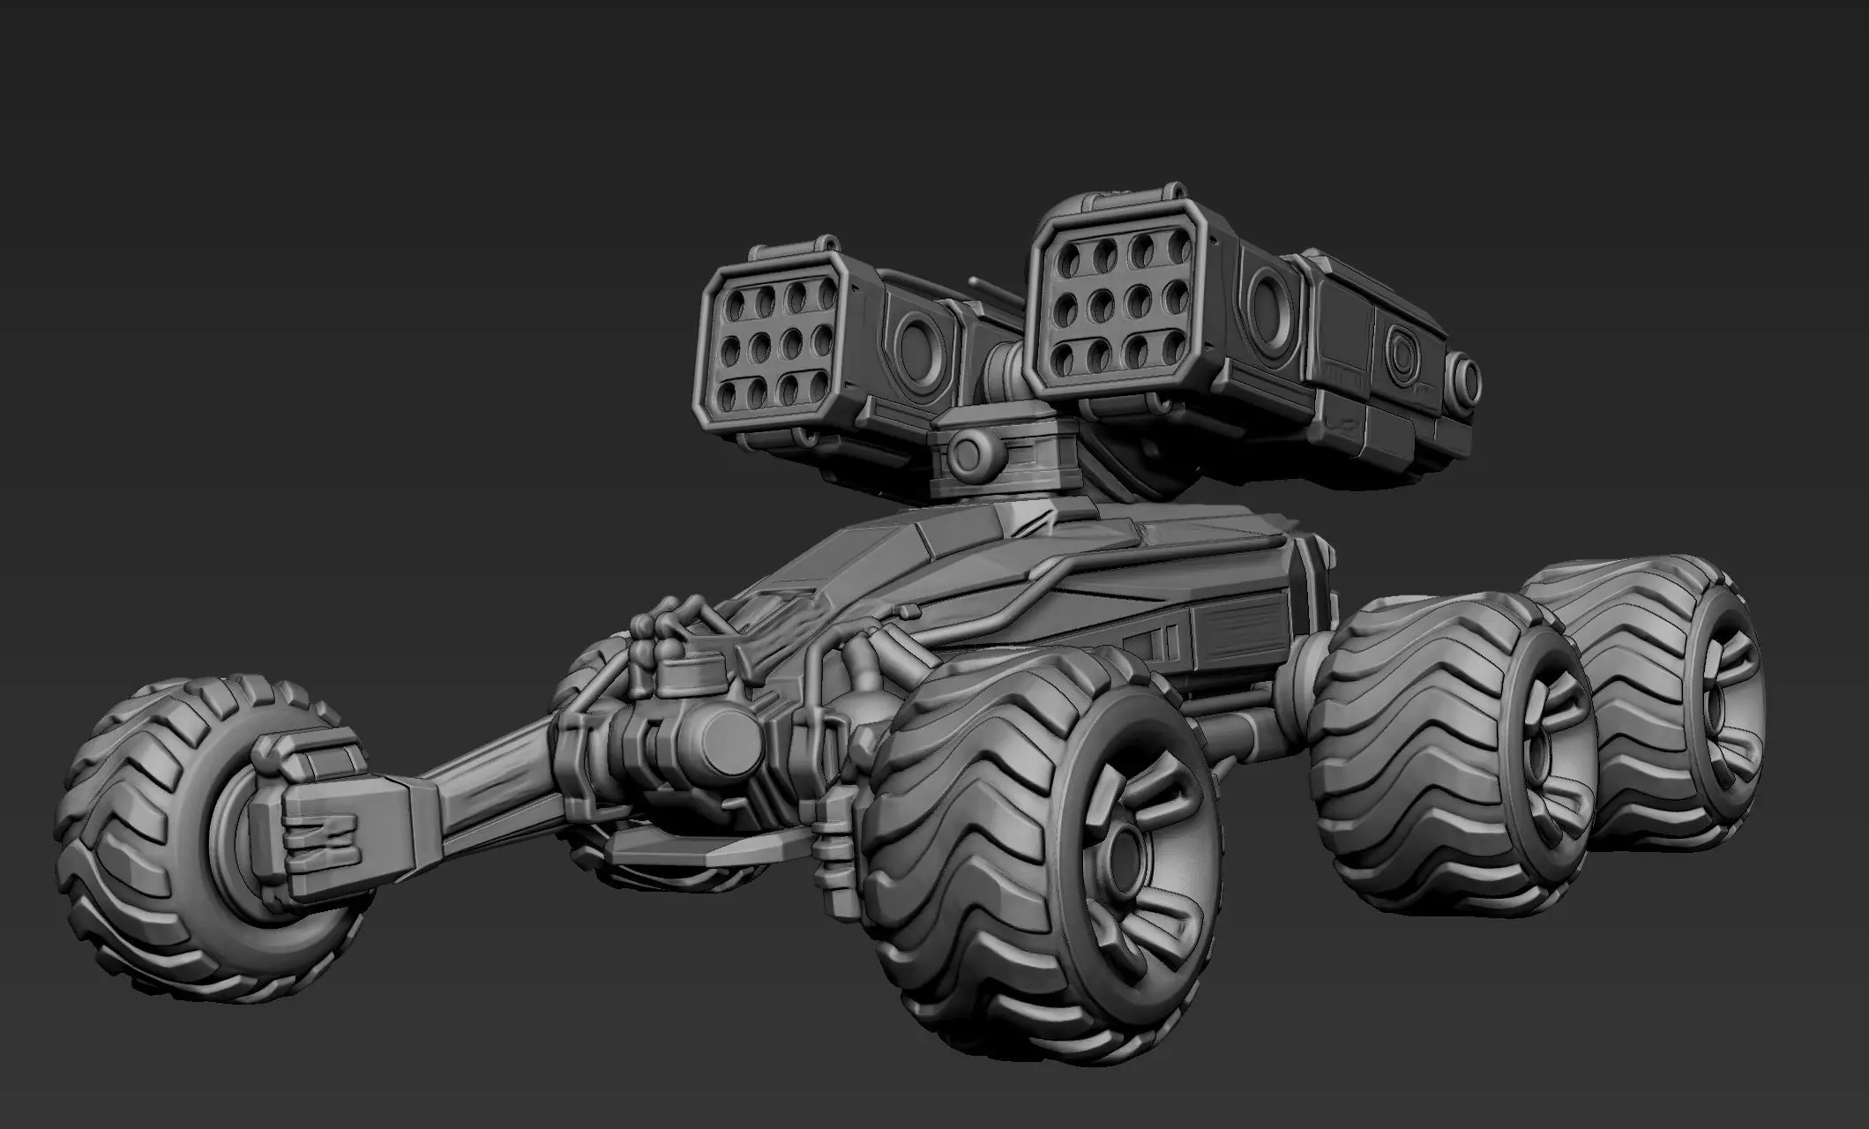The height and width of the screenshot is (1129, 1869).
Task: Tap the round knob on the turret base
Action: [969, 453]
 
